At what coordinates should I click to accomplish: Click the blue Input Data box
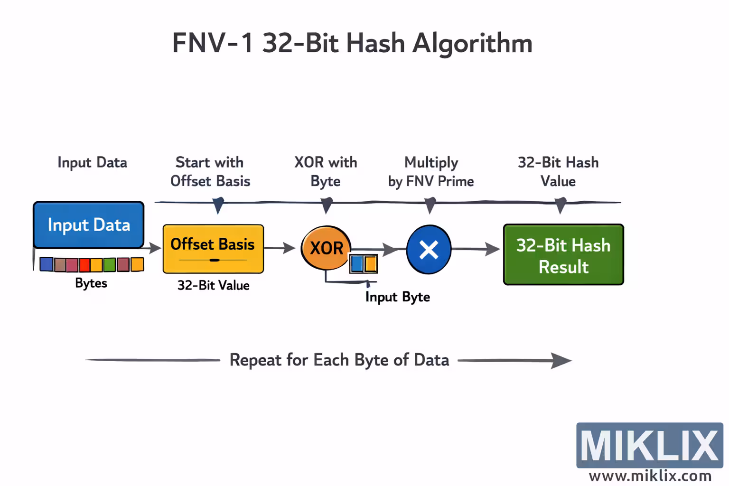[x=88, y=224]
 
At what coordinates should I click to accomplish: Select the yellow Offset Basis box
[x=213, y=249]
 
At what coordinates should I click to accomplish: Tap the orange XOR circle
[x=326, y=248]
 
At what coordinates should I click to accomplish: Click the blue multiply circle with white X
[x=429, y=250]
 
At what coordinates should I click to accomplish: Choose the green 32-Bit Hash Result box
[x=563, y=255]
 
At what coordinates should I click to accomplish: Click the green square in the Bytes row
[x=110, y=264]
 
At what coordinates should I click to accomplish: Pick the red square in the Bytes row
[x=84, y=265]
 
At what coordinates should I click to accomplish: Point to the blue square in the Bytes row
[x=47, y=264]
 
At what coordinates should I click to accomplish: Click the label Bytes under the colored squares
[x=91, y=283]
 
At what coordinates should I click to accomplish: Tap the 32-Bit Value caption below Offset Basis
[x=213, y=285]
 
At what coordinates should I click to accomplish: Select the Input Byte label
[x=397, y=297]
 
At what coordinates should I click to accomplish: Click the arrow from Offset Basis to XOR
[x=280, y=248]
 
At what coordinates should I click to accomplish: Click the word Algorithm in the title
[x=472, y=44]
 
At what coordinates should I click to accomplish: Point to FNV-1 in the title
[x=213, y=44]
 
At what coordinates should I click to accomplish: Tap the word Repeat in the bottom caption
[x=255, y=360]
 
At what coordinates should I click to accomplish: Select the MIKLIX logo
[x=649, y=445]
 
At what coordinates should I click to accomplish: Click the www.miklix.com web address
[x=650, y=476]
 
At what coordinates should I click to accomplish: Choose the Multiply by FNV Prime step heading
[x=431, y=172]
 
